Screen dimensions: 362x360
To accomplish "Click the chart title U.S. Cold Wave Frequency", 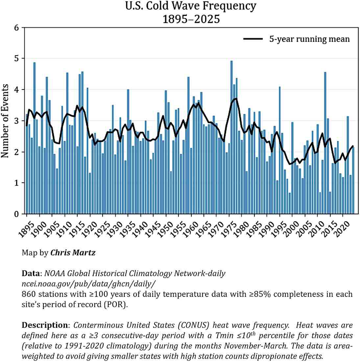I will point(191,6).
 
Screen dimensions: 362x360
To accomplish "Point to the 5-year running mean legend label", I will point(309,39).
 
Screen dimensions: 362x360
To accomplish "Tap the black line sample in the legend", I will point(253,39).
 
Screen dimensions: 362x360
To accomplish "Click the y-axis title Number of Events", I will point(5,121).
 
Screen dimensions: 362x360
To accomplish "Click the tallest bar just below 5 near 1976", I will point(231,132).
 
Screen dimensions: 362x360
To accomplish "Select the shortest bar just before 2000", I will point(290,204).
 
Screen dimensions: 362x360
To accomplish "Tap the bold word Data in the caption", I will point(31,273).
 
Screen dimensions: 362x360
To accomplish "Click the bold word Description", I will point(44,325).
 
